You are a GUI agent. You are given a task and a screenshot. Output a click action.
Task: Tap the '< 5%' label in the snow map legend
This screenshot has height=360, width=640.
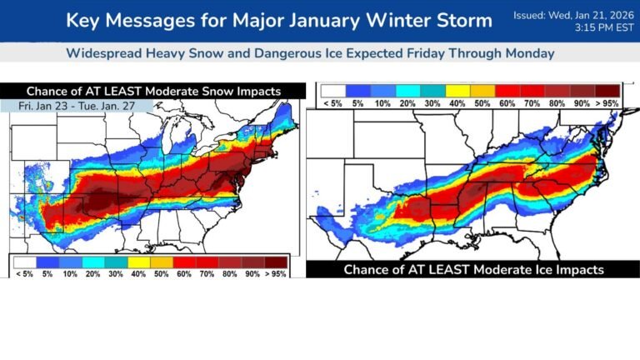coord(23,272)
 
